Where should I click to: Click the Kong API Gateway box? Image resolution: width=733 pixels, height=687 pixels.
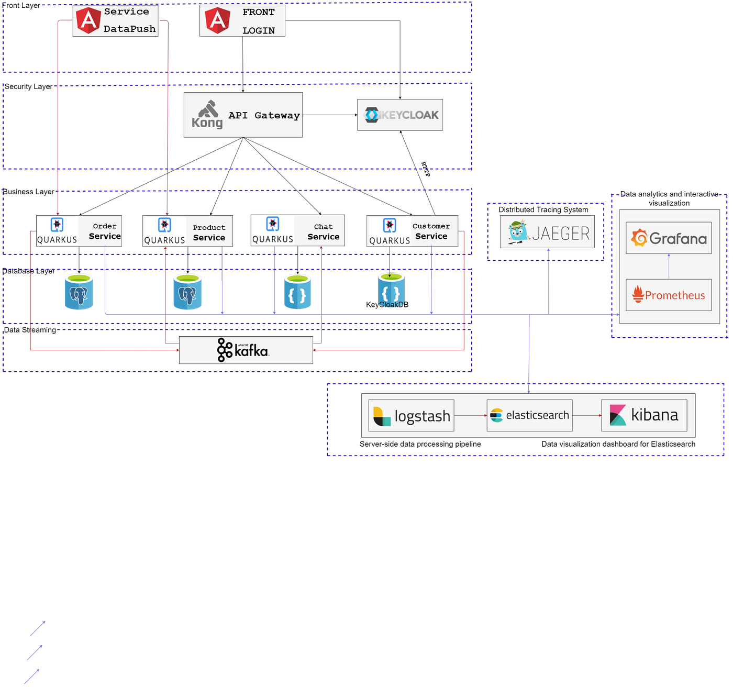[x=243, y=115]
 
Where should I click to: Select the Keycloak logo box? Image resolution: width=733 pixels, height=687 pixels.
[x=400, y=115]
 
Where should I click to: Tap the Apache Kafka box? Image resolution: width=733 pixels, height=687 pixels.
[x=246, y=350]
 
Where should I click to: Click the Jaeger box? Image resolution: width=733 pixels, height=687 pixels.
[x=547, y=231]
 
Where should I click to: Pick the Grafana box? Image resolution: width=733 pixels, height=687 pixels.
[x=669, y=238]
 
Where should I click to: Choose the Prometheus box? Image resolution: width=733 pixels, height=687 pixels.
[x=669, y=295]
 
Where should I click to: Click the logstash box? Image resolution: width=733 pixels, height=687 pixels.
[x=411, y=416]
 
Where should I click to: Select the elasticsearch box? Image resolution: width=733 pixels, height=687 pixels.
[x=529, y=416]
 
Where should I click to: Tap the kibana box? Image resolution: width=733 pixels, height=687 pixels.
[x=644, y=416]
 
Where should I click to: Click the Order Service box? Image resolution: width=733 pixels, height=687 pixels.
[x=79, y=231]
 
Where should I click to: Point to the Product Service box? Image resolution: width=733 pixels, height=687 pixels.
[x=188, y=231]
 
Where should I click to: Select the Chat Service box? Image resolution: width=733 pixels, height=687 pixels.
[x=297, y=231]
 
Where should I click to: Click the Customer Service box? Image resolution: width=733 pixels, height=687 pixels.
[x=412, y=231]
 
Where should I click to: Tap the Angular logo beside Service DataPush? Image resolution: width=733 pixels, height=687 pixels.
[x=88, y=20]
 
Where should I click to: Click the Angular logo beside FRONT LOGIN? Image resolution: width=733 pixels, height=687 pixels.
[x=217, y=20]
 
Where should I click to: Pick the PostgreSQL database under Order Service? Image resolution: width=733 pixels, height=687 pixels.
[x=79, y=292]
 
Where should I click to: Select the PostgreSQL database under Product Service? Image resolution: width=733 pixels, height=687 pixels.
[x=187, y=292]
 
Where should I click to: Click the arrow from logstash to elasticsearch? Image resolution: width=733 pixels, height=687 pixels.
[x=470, y=416]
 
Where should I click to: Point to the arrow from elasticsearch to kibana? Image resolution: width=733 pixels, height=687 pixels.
[x=587, y=416]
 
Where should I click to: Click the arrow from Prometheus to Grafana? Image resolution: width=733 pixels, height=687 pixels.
[x=669, y=267]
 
